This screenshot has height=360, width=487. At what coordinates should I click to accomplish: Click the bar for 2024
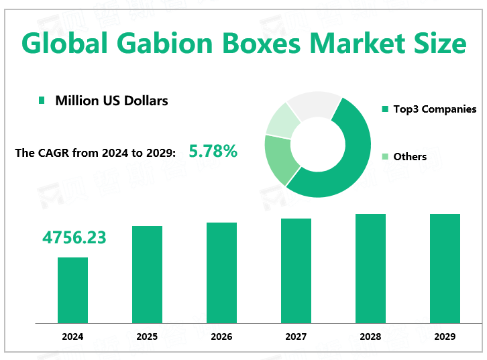point(72,290)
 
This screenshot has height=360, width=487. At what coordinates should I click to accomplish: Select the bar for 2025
point(147,274)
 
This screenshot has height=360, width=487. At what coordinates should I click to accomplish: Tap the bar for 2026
point(221,272)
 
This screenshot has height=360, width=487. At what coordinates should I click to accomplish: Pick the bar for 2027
point(296,270)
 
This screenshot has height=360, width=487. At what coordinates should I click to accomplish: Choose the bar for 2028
point(370,268)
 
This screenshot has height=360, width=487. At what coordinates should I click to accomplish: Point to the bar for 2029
point(445,268)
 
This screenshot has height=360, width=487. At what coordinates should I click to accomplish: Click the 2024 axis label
point(72,337)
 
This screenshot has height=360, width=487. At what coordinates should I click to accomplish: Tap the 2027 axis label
point(296,337)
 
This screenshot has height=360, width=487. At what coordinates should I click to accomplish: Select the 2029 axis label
point(445,337)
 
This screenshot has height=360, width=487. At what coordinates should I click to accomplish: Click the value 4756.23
point(74,237)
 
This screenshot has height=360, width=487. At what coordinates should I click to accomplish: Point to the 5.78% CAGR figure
point(213,152)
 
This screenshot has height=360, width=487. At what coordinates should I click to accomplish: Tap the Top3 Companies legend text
point(435,109)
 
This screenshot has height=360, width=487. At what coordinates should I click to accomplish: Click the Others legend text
point(410,156)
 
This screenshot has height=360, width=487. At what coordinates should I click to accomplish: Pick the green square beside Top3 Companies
point(385,109)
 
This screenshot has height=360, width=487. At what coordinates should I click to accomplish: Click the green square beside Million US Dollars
point(42,101)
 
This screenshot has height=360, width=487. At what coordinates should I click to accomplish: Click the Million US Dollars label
point(111,101)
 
